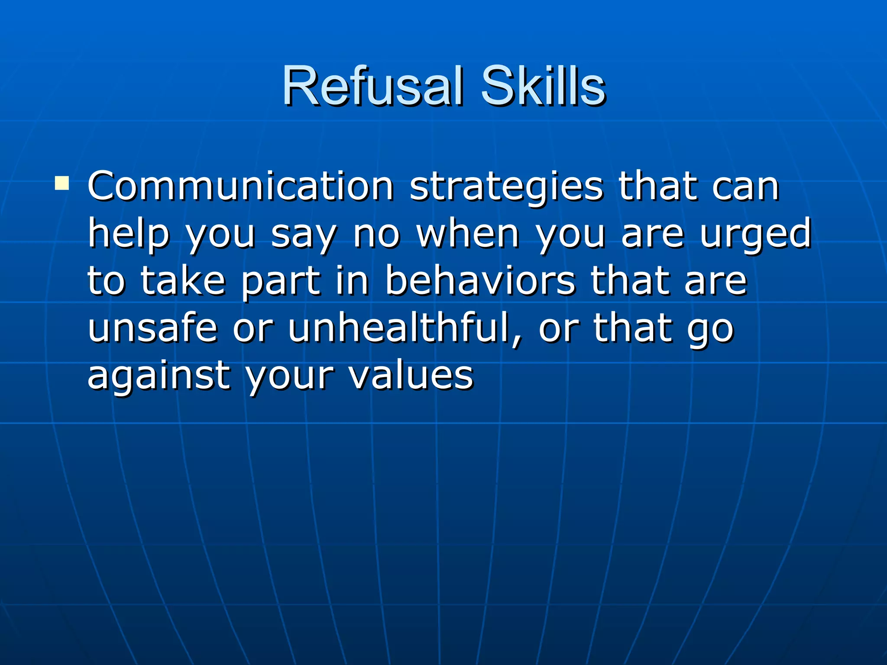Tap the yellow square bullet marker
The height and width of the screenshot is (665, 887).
coord(62,184)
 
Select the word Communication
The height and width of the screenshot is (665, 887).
coord(240,187)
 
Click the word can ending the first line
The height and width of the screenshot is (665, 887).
coord(745,187)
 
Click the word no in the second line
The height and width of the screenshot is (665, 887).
coord(376,235)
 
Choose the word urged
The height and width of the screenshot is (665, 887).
coord(756,235)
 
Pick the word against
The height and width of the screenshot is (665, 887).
coord(159,376)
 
